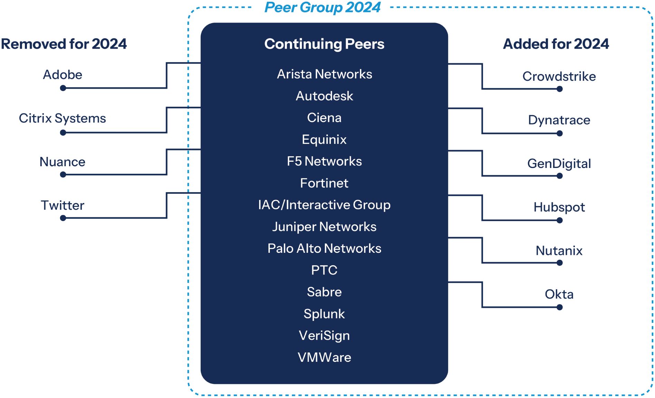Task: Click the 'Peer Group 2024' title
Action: point(322,8)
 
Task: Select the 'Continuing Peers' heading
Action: point(324,44)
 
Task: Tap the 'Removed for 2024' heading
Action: point(64,44)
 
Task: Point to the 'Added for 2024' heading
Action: point(556,44)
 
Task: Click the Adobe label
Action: point(63,74)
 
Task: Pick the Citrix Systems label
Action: point(62,118)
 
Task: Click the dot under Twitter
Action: point(63,218)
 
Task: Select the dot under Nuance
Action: point(63,175)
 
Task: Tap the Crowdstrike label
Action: point(559,76)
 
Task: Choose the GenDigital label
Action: point(559,163)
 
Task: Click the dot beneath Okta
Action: point(560,307)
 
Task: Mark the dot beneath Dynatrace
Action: point(560,133)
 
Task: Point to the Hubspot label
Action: point(559,207)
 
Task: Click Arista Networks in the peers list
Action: point(324,74)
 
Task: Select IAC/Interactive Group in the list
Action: point(324,205)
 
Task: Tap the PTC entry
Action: point(324,270)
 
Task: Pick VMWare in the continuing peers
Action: point(324,357)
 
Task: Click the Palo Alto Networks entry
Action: point(324,248)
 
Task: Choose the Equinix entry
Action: point(324,139)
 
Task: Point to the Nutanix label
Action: point(559,251)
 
